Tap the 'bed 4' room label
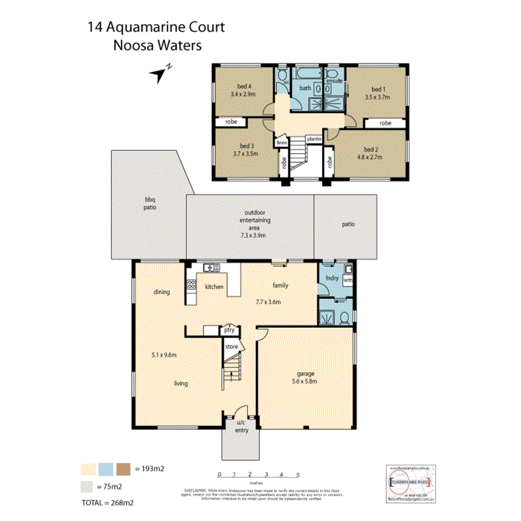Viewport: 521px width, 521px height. click(x=243, y=86)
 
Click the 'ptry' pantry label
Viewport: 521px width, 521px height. click(x=229, y=330)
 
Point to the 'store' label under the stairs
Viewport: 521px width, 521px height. click(x=231, y=347)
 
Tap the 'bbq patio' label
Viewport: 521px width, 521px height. click(x=149, y=203)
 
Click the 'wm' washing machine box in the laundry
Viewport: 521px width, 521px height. click(x=347, y=280)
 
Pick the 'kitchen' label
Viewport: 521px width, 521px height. click(x=214, y=287)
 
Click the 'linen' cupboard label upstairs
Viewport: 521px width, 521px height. click(x=281, y=143)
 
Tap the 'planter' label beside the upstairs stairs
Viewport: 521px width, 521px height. click(x=313, y=139)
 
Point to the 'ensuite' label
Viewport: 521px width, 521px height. click(x=334, y=81)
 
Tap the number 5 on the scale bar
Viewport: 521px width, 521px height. click(x=299, y=475)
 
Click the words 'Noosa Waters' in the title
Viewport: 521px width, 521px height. click(x=157, y=45)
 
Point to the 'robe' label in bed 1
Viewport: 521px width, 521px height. click(x=385, y=123)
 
